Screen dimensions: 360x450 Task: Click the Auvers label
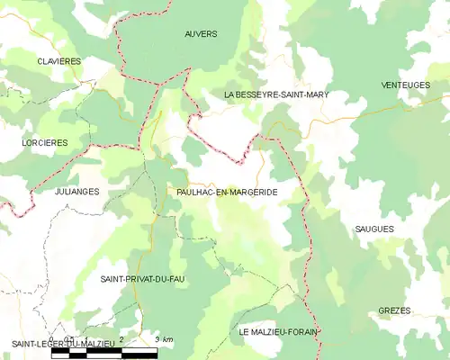(x=201, y=34)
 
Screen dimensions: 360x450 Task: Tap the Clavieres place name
(x=59, y=60)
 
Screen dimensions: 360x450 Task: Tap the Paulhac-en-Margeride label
(x=227, y=193)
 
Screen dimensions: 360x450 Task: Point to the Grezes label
(x=394, y=310)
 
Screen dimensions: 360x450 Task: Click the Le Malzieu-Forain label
(x=279, y=332)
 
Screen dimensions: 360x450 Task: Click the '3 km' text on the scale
(x=163, y=339)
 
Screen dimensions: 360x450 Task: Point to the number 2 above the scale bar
(x=121, y=339)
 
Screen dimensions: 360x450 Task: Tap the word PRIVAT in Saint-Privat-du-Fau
(x=141, y=279)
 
